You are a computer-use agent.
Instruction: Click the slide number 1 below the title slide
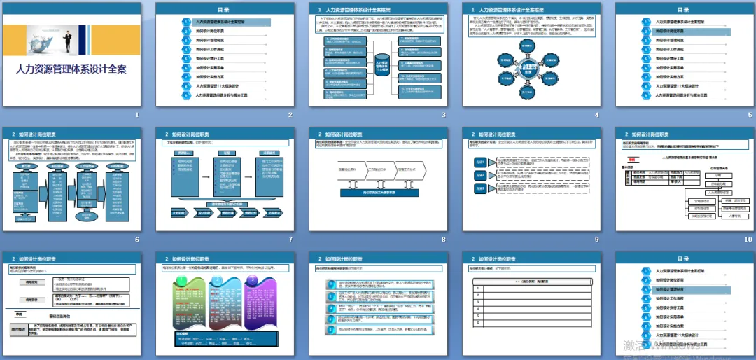point(137,113)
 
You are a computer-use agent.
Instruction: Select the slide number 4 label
point(596,113)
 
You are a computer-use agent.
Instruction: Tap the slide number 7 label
point(290,239)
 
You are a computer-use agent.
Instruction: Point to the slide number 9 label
point(596,239)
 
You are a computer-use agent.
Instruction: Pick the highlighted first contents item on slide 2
point(225,22)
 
